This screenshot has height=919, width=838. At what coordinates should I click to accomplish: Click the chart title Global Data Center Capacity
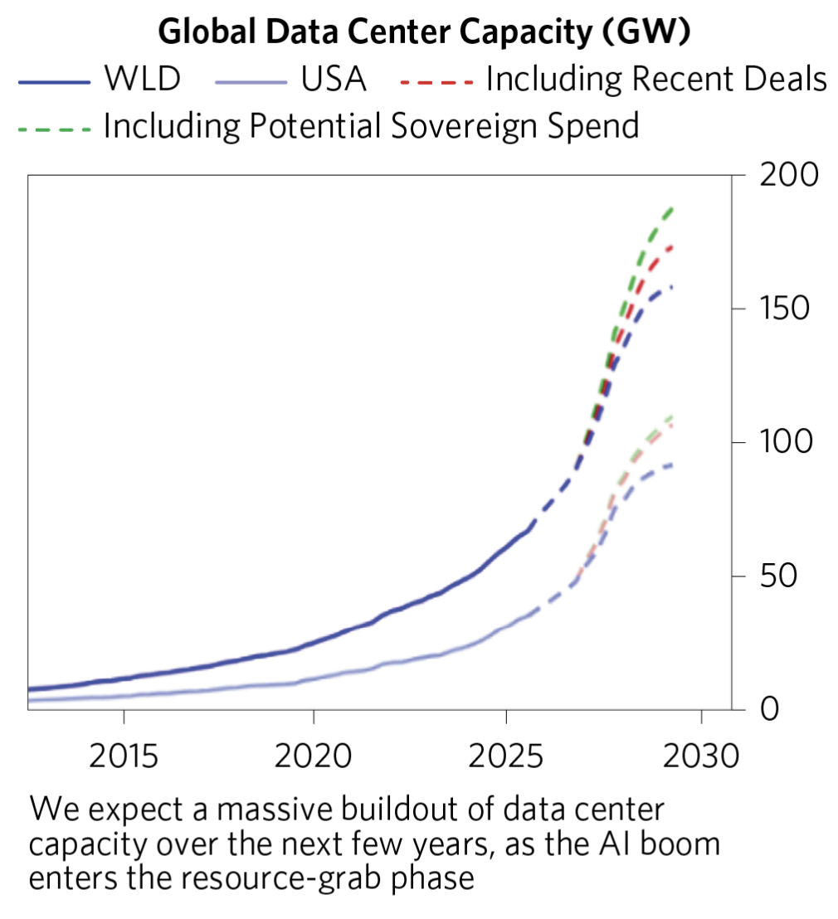(x=426, y=33)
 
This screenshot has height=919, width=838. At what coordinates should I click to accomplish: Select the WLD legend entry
(x=142, y=80)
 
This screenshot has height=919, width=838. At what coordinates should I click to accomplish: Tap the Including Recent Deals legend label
(x=656, y=80)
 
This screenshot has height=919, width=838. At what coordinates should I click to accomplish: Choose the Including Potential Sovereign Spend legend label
(x=371, y=126)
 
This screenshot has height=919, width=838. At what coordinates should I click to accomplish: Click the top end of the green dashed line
(x=672, y=209)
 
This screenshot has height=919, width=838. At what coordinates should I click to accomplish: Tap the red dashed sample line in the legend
(x=437, y=81)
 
